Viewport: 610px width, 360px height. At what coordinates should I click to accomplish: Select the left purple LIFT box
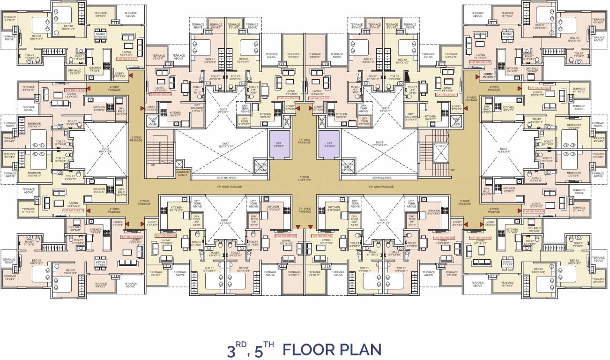pos(276,144)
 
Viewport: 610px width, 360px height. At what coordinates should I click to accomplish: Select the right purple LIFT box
pos(329,144)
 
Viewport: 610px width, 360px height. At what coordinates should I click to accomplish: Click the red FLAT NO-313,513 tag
pos(126,59)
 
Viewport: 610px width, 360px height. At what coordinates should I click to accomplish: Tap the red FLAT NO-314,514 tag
pos(160,94)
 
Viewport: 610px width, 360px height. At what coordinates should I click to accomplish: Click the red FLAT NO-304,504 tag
pos(534,211)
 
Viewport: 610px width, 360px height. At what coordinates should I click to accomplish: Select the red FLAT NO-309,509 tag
pos(166,235)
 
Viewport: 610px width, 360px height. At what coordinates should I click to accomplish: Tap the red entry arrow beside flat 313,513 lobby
pos(132,74)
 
